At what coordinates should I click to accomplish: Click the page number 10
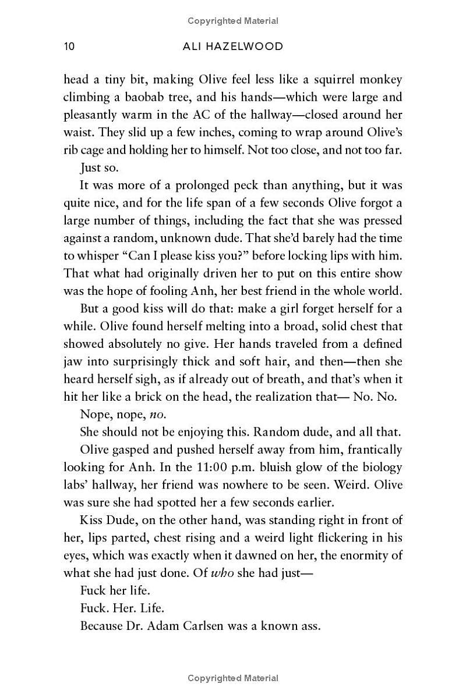69,47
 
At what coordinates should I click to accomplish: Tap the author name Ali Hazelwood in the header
232,47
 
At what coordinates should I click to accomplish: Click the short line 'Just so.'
99,168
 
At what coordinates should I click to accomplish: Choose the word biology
376,466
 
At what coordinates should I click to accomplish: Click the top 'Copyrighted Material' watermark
233,21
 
